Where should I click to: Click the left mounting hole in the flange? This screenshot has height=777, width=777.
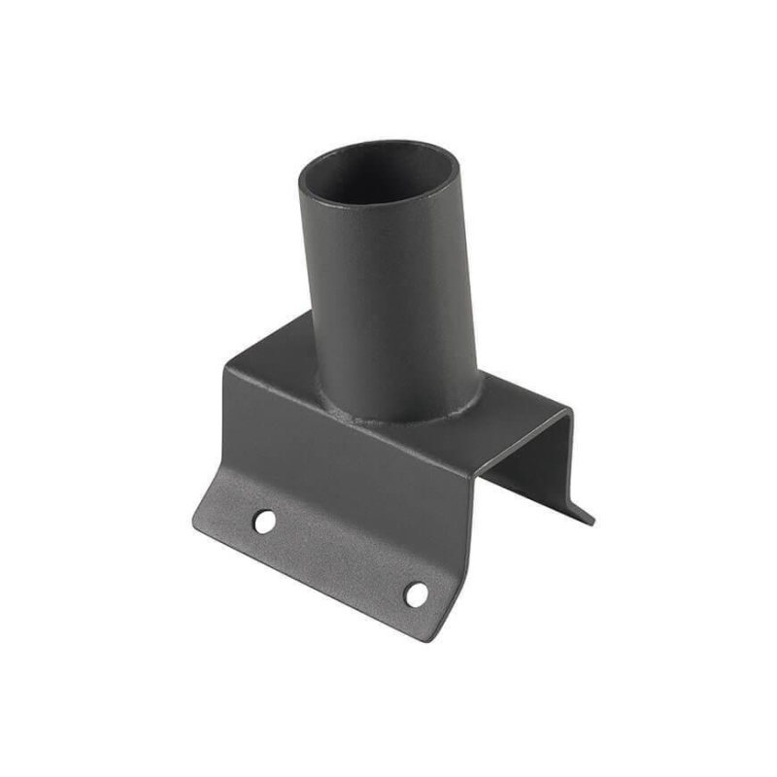point(263,522)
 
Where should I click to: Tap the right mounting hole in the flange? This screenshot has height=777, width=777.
point(417,593)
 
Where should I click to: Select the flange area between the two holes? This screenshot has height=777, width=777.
point(340,558)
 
